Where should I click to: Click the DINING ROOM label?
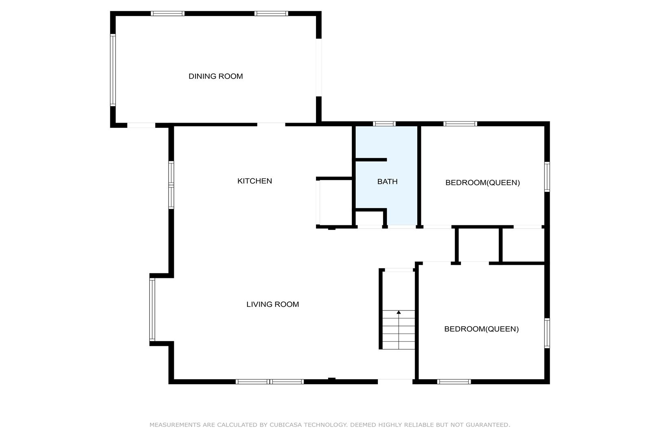coord(216,76)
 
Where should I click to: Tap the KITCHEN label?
coord(254,181)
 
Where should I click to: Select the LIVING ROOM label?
coord(272,304)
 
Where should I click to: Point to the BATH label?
coord(387,182)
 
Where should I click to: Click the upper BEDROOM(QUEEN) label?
coord(482,183)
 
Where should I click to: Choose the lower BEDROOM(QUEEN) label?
coord(481,329)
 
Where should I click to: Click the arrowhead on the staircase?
coord(399,312)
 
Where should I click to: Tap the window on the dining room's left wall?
coord(113,70)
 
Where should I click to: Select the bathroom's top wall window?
coord(384,124)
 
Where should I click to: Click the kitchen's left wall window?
coord(171,185)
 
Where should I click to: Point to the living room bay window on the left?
coord(152,310)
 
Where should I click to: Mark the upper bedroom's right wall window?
coord(547,177)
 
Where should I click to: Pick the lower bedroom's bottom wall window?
coord(454,382)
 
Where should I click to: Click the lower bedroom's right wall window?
coord(547,333)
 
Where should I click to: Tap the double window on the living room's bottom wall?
coord(270,382)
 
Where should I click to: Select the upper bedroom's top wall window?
coord(460,124)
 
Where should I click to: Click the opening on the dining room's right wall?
coord(318,68)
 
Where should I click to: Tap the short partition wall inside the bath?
coord(371,160)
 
